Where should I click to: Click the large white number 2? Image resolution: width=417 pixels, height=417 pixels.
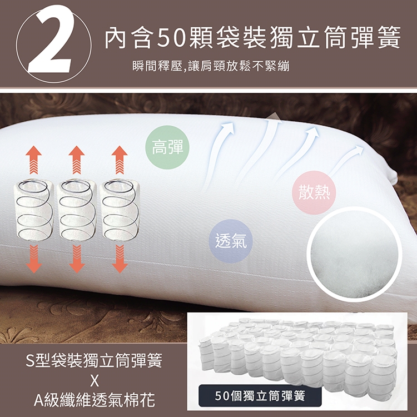pyautogui.click(x=51, y=40)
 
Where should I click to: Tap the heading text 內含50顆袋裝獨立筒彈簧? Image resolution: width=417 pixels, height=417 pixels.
pyautogui.click(x=252, y=37)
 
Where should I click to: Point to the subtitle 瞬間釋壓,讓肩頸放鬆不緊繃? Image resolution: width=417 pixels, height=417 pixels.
pyautogui.click(x=211, y=66)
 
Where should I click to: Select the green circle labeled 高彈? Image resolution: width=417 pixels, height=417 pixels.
pyautogui.click(x=167, y=147)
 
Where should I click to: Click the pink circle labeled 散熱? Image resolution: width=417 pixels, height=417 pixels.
pyautogui.click(x=314, y=193)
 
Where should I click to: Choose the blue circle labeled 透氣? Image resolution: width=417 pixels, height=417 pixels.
pyautogui.click(x=231, y=241)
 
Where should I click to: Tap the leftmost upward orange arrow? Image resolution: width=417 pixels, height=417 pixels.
pyautogui.click(x=34, y=160)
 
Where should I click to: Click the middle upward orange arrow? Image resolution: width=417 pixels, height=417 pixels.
pyautogui.click(x=77, y=160)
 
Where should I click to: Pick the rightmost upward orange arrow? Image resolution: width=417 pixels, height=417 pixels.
pyautogui.click(x=120, y=160)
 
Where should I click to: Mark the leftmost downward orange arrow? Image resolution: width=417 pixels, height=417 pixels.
pyautogui.click(x=34, y=259)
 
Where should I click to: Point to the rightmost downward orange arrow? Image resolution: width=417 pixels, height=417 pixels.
pyautogui.click(x=120, y=259)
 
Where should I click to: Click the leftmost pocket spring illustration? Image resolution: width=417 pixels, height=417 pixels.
pyautogui.click(x=34, y=209)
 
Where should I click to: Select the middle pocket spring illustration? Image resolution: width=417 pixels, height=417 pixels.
pyautogui.click(x=77, y=209)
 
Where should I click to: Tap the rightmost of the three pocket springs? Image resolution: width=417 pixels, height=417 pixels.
pyautogui.click(x=120, y=209)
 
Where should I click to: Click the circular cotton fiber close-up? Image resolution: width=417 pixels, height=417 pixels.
pyautogui.click(x=355, y=255)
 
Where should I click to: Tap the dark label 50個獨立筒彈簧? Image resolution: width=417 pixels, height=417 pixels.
pyautogui.click(x=260, y=396)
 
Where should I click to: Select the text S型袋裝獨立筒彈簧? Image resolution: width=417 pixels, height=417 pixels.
pyautogui.click(x=94, y=361)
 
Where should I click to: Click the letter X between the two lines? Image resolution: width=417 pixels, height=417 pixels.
pyautogui.click(x=95, y=381)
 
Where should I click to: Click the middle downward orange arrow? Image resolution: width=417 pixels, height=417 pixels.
pyautogui.click(x=77, y=259)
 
